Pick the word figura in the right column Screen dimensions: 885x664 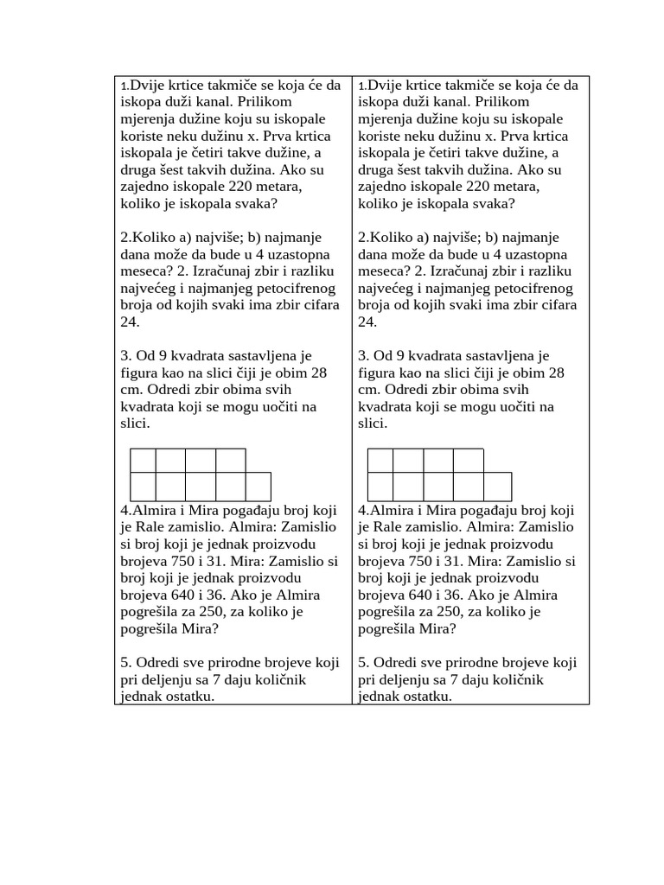click(376, 372)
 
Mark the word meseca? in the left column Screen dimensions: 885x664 click(144, 271)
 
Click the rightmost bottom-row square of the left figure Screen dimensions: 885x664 click(258, 486)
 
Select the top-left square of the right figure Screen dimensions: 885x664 click(381, 461)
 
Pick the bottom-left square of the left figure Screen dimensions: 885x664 click(144, 486)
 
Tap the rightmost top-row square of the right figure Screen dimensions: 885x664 click(468, 461)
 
